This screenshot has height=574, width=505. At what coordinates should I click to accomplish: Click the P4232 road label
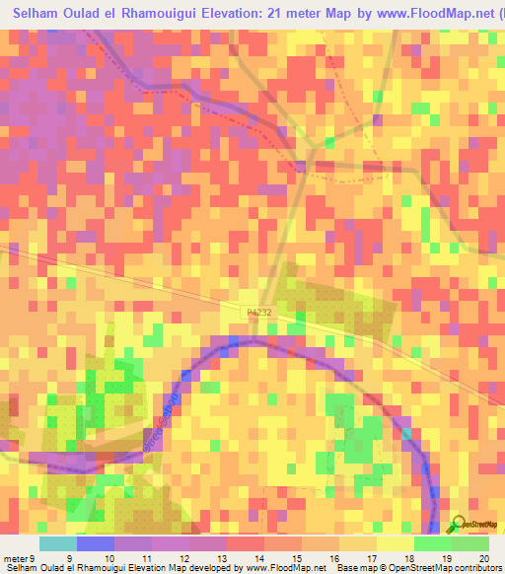tap(260, 312)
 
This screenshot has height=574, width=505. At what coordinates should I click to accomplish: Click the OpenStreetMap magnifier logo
tap(460, 525)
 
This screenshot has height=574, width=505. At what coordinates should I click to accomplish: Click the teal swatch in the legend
tap(58, 543)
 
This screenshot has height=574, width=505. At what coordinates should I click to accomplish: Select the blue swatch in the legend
tap(96, 543)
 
